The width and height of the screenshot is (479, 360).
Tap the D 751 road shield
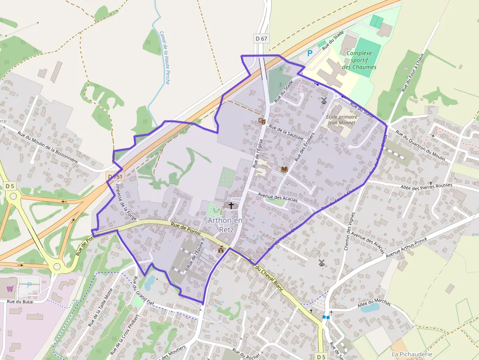point(116,176)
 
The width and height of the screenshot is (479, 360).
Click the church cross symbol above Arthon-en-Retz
point(231,206)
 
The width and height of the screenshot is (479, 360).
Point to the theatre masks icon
point(261,120)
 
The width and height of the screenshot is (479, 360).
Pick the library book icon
point(284,169)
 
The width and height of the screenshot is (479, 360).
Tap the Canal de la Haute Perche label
point(164,58)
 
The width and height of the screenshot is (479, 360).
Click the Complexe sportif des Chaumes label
point(359,60)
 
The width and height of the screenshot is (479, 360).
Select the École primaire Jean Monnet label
point(342,120)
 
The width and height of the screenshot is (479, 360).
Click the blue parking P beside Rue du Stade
point(309,53)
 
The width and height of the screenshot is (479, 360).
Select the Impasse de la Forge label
point(126,201)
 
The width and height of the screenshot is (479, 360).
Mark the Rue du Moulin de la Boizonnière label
point(47,147)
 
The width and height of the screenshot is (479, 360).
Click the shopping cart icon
point(10,288)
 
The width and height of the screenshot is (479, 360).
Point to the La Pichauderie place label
point(412,354)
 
